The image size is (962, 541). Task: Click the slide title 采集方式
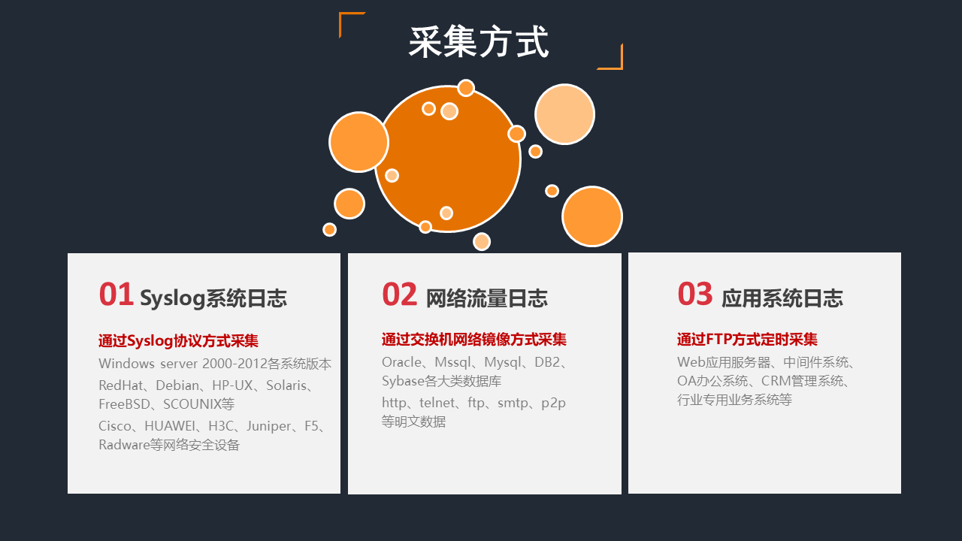coord(479,41)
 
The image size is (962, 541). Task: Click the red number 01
coord(116,295)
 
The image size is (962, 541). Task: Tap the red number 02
coord(399,295)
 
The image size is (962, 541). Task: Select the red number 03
coord(695,295)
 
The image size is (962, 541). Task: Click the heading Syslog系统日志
coord(213,298)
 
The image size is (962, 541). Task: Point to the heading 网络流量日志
coord(486,298)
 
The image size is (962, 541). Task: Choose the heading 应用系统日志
coord(782,298)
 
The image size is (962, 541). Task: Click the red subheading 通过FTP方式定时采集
coord(747,339)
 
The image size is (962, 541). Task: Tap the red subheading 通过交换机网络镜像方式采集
coord(474,339)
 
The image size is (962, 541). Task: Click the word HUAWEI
coord(170,426)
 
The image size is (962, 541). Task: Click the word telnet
coord(437,403)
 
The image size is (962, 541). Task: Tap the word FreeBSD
coord(124,404)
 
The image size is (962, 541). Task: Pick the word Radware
coord(124,445)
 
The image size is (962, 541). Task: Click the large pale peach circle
coord(564,114)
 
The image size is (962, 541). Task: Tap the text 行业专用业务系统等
coord(734,400)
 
